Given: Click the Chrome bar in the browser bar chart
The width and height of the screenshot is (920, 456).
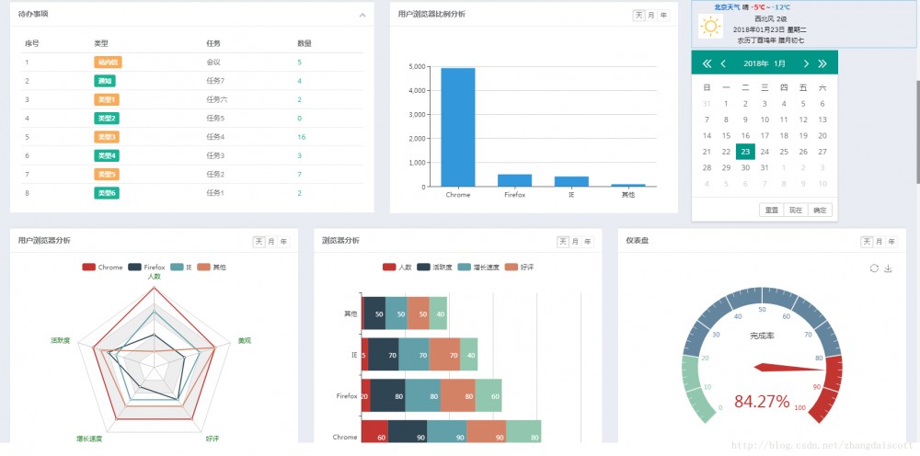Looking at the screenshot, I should coord(458,127).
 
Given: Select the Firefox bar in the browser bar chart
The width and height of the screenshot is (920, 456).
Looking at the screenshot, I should coord(514,180).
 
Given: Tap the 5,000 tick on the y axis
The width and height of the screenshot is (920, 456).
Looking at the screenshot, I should coord(415,67).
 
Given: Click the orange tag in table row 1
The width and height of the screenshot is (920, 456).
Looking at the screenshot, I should coord(108,63).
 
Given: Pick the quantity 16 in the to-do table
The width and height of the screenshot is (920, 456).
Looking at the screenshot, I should coord(302,137).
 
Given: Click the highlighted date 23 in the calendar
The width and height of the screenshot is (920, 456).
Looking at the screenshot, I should coord(745,152).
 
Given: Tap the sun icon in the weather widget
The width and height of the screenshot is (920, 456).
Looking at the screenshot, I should coord(710,27).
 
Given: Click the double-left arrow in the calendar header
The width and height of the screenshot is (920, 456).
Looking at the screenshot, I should coord(707,63).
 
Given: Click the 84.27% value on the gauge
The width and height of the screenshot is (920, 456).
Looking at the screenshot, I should coord(761,402).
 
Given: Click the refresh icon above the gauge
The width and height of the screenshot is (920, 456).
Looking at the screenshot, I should coord(874,268).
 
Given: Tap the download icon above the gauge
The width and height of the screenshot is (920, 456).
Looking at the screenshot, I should coord(889,268).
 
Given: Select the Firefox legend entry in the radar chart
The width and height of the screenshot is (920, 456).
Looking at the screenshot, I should coord(148,267).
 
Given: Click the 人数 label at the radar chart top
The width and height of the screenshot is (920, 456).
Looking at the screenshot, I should coord(154,277).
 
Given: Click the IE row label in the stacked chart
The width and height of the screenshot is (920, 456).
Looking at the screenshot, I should coord(354,355).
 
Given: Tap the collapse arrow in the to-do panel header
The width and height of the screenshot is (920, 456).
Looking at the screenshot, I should coord(362,16).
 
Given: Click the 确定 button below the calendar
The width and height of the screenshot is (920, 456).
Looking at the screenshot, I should coord(820,211).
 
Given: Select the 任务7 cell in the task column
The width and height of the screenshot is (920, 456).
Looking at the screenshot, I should coord(216,81).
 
